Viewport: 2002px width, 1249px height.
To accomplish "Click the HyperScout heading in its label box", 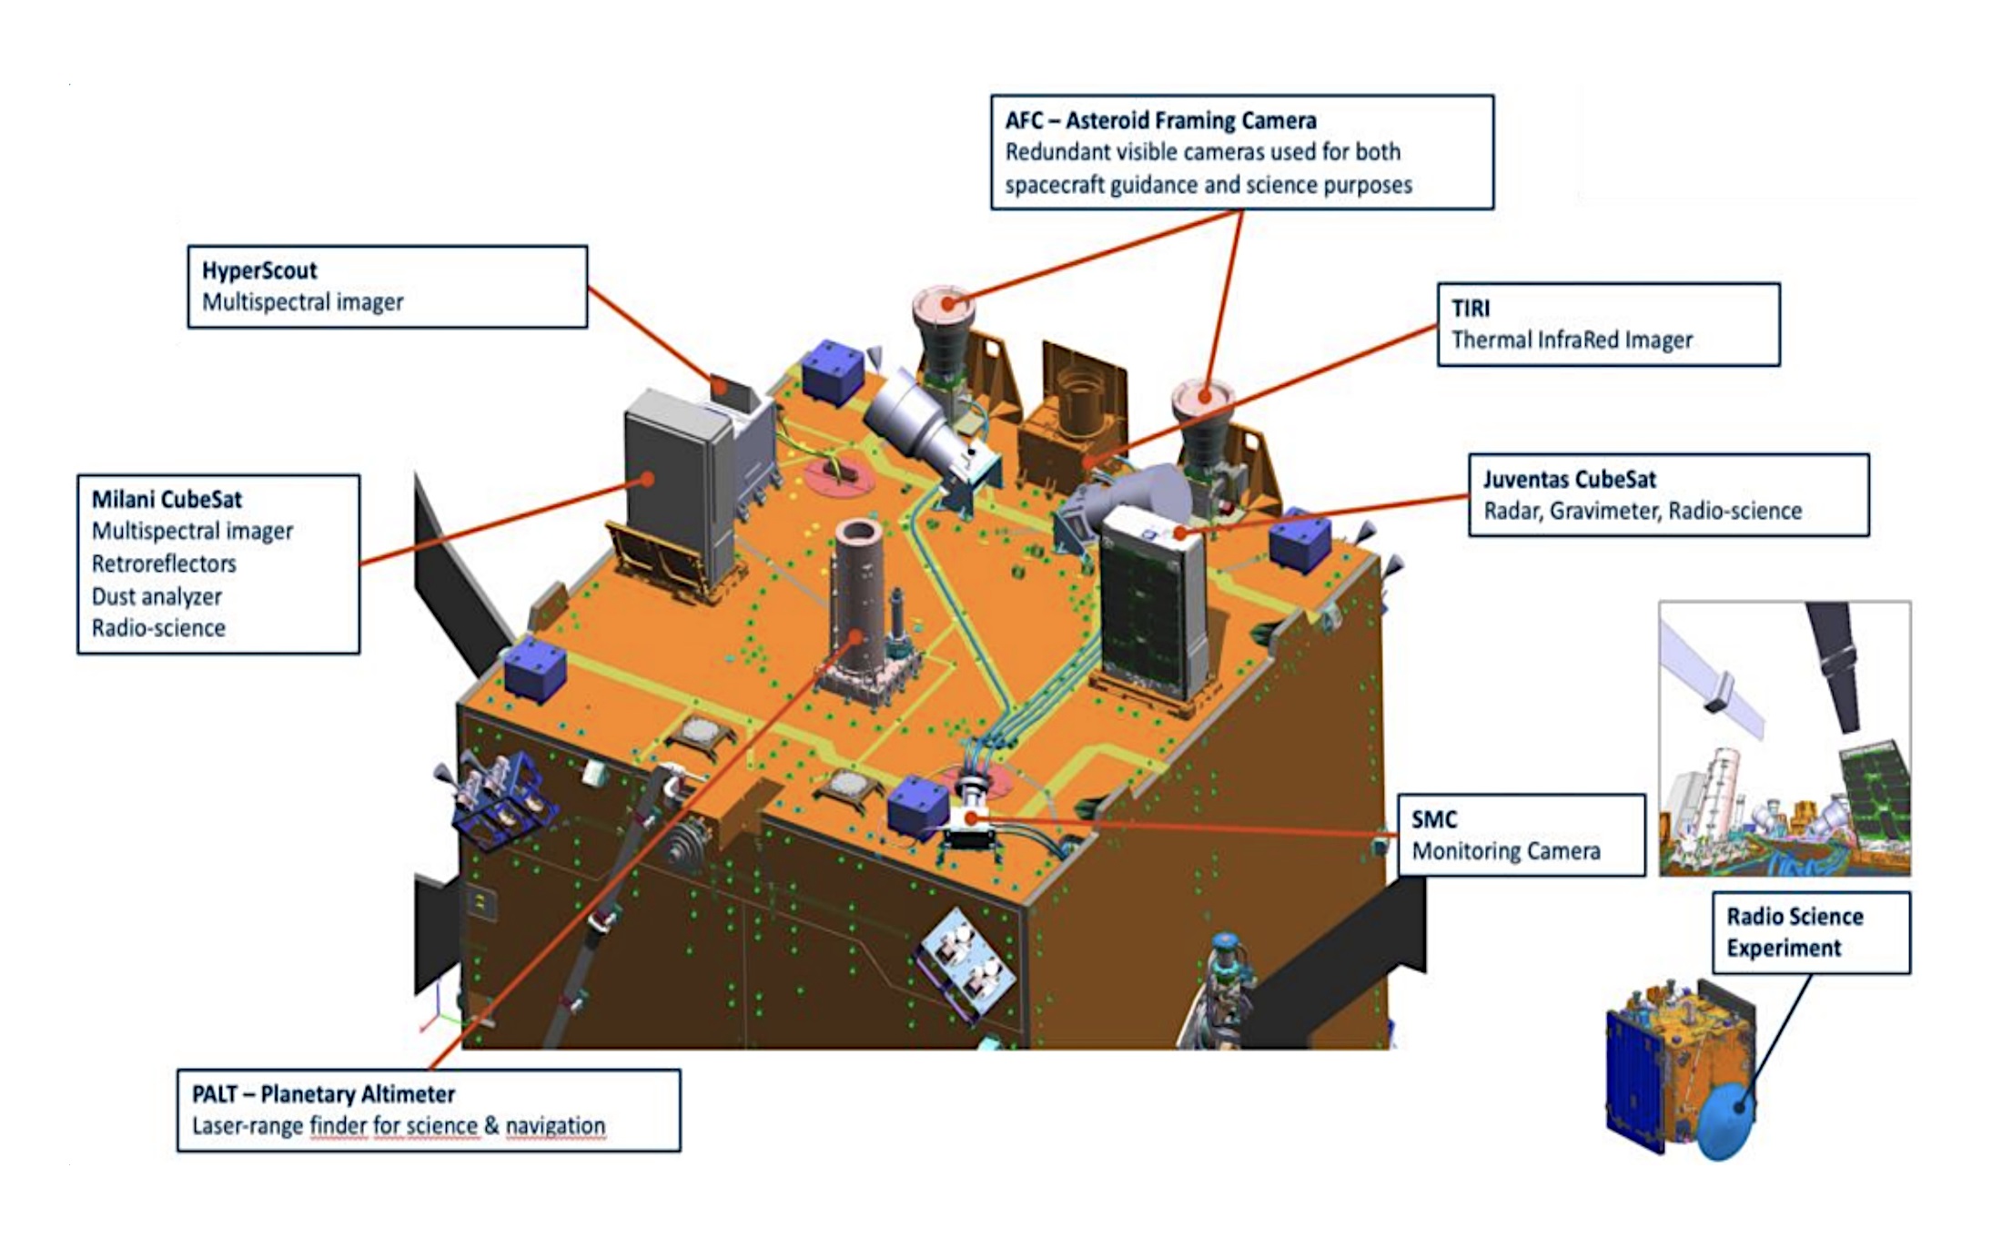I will (259, 270).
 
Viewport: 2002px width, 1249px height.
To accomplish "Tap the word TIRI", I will (1471, 309).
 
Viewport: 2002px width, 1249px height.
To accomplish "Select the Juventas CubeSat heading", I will (1570, 480).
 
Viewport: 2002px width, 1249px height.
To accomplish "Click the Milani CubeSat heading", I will (167, 500).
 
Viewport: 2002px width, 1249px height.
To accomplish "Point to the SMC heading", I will (1434, 819).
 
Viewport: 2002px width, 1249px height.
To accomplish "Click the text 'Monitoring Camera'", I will (1506, 851).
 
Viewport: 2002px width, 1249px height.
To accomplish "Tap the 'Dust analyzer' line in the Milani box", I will (157, 596).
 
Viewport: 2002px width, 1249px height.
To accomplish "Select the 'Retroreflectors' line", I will (164, 564).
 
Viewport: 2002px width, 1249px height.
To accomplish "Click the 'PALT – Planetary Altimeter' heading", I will (323, 1093).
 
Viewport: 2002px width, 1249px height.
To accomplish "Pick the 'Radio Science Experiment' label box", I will (1811, 932).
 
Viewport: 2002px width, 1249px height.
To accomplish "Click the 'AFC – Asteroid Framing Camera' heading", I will (1160, 120).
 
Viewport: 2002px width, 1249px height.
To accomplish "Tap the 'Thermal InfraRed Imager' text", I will (1572, 340).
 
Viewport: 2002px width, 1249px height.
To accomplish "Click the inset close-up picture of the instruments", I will (1785, 738).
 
